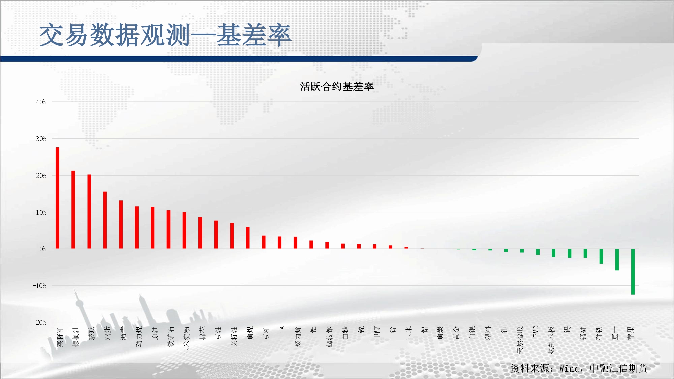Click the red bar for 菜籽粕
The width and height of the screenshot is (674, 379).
tap(57, 198)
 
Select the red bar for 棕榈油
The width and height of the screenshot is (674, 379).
tap(73, 210)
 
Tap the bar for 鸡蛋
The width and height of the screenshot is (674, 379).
tap(105, 220)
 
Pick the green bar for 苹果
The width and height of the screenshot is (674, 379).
tap(633, 272)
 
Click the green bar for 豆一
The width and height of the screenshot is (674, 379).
tap(617, 259)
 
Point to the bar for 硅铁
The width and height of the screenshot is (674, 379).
tap(601, 256)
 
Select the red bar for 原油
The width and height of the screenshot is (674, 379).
tap(153, 228)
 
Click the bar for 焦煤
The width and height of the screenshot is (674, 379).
tap(248, 238)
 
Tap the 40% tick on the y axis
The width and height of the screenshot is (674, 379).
tap(41, 102)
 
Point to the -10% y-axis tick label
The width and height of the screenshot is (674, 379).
tap(39, 286)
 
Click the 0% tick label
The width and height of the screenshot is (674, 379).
tap(43, 249)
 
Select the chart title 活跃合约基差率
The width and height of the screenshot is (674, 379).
tap(337, 87)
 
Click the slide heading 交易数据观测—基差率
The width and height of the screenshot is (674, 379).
tap(165, 35)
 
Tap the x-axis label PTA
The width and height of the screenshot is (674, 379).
tap(282, 331)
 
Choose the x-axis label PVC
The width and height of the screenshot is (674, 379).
tap(536, 331)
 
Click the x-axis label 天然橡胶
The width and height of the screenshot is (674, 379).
tap(520, 340)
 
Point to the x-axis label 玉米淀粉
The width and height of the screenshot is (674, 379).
tap(187, 340)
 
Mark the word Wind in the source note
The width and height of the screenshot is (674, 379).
tap(569, 368)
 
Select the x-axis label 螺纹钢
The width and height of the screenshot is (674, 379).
tap(330, 336)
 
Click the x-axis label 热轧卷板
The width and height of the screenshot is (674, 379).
tap(552, 340)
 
